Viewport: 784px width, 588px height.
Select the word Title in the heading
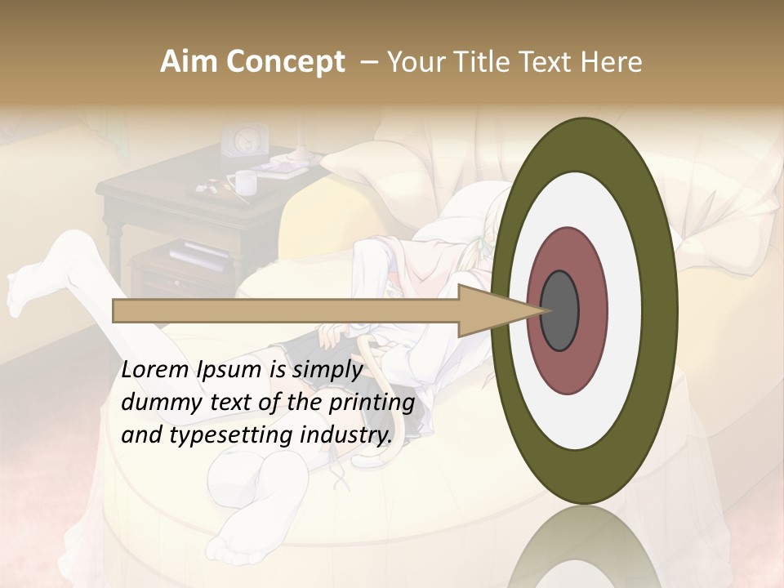pos(483,62)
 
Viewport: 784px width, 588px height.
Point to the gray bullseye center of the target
pos(560,310)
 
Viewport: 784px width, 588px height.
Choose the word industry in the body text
pos(345,434)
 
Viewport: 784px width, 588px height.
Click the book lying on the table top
pos(281,168)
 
